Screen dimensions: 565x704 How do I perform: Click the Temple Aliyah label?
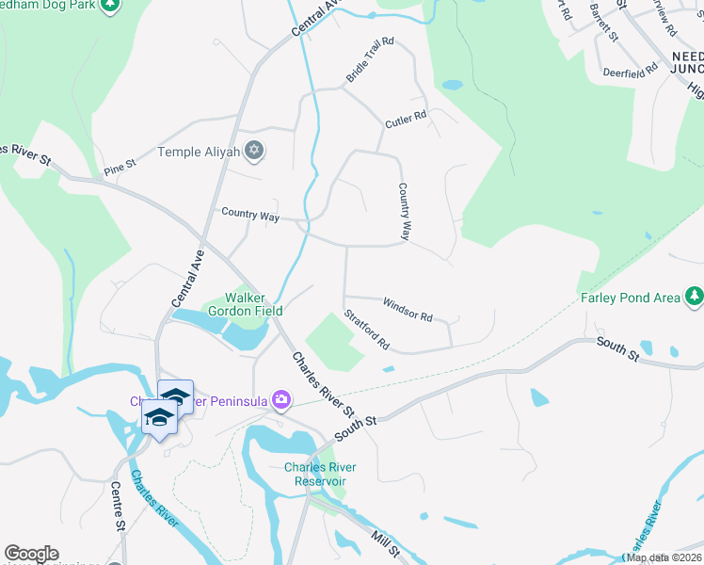coord(200,151)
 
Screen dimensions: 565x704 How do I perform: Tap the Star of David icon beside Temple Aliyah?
coord(253,151)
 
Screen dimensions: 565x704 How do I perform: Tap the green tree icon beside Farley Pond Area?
coord(694,298)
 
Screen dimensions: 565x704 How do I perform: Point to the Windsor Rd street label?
coord(407,309)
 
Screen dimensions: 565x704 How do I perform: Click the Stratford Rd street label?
coord(367,330)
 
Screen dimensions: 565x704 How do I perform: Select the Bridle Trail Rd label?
coord(369,60)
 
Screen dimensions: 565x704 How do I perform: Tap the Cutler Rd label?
coord(406,120)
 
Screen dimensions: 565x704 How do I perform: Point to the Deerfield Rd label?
coord(631,72)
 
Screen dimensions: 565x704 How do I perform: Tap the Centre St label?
coord(118,507)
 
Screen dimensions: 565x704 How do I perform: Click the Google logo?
coord(31,554)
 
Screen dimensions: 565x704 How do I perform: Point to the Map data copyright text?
coord(663,557)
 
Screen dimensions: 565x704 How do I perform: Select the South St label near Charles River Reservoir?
coord(356,426)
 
